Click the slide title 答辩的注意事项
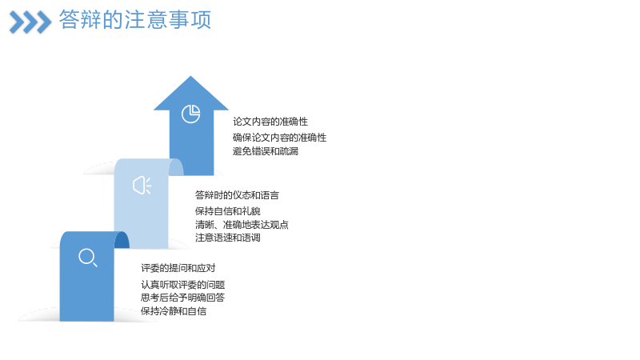(x=135, y=19)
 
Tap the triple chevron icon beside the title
(x=30, y=22)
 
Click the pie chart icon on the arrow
(x=190, y=114)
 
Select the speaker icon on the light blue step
(x=142, y=186)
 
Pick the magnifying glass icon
(x=88, y=258)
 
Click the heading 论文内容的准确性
(x=270, y=122)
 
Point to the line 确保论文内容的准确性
(x=279, y=138)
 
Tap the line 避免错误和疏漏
(x=266, y=151)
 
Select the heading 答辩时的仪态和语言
(x=237, y=195)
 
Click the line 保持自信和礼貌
(x=228, y=211)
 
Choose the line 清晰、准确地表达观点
(x=242, y=225)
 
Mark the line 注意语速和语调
(x=228, y=238)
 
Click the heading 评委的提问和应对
(x=178, y=268)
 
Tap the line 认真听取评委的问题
(x=183, y=285)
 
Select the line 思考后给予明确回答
(x=183, y=298)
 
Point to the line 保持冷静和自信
(x=174, y=311)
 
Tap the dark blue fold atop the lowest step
(x=122, y=240)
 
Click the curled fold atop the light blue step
(x=176, y=167)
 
